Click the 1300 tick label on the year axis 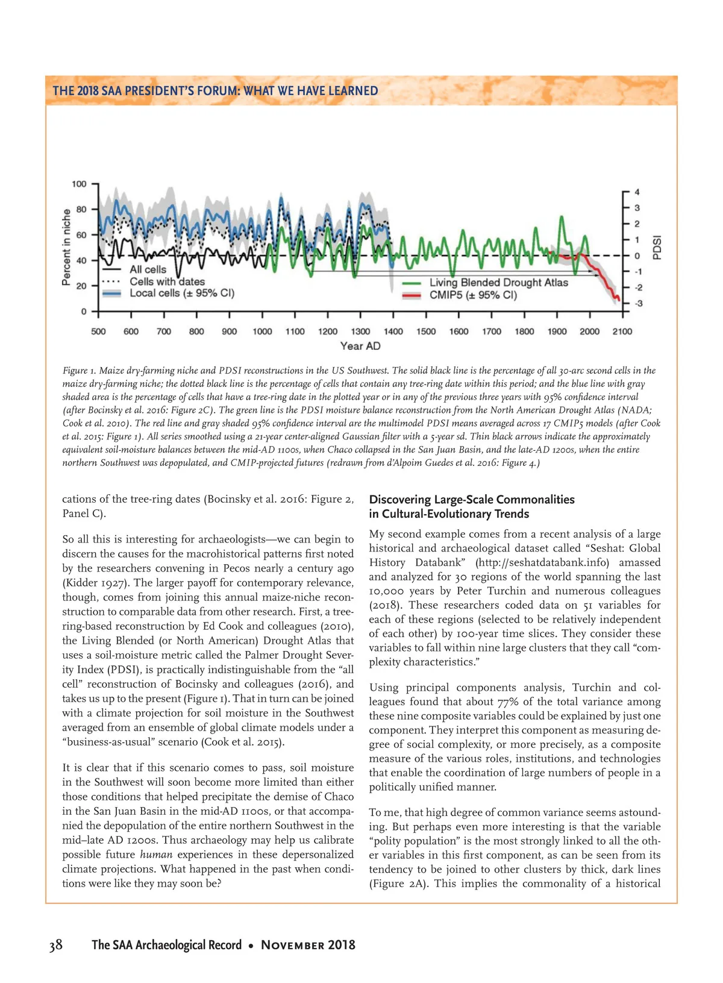(x=360, y=331)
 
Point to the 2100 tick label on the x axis (x=622, y=331)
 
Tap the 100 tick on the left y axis (x=80, y=184)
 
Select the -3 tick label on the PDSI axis (x=638, y=303)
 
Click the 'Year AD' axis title (x=360, y=346)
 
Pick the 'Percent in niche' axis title (x=67, y=247)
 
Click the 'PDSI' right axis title (x=657, y=248)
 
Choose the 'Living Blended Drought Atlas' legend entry (x=498, y=282)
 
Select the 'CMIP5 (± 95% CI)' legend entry (x=473, y=295)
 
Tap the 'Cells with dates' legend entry (x=167, y=281)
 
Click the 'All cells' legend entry (x=148, y=269)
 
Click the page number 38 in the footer (x=56, y=944)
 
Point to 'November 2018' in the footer (x=308, y=944)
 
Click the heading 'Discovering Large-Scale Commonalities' (x=472, y=499)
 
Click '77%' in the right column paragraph (x=507, y=702)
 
